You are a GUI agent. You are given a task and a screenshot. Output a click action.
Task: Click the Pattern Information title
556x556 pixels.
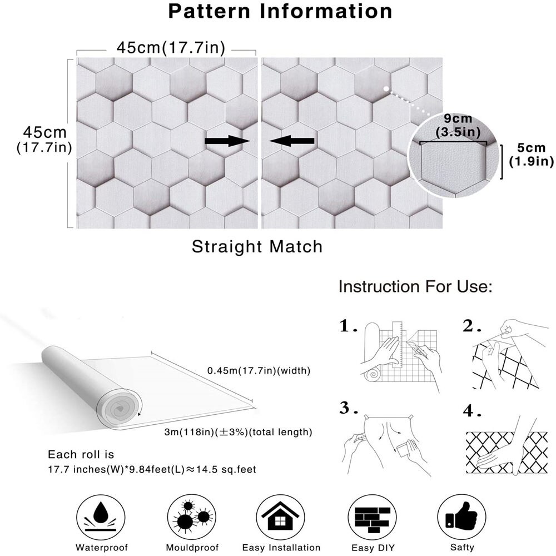pos(280,11)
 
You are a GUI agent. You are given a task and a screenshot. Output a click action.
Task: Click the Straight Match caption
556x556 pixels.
pos(257,246)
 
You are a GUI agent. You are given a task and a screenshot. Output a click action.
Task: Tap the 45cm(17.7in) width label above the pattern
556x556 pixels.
pos(171,48)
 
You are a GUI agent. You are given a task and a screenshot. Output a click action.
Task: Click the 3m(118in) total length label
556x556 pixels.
pos(237,432)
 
